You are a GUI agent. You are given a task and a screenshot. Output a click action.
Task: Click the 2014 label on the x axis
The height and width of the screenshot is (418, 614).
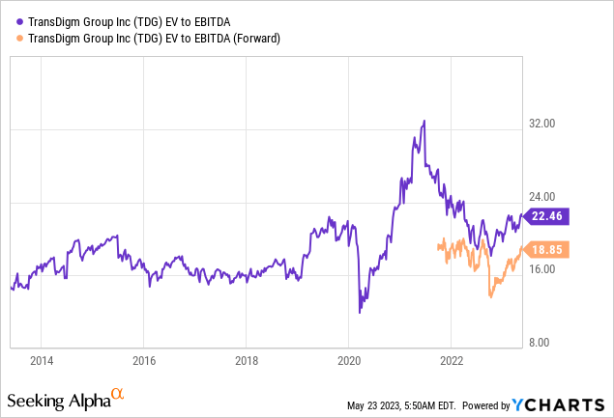click(41, 361)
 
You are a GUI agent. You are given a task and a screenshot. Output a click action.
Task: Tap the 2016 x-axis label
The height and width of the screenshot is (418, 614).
click(143, 361)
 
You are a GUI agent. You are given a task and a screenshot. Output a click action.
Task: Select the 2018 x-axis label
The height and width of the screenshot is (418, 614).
click(246, 361)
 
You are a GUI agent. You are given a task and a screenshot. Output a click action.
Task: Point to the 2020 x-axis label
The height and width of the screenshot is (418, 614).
click(348, 361)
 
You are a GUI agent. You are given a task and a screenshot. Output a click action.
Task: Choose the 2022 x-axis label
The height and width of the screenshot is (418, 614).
click(451, 361)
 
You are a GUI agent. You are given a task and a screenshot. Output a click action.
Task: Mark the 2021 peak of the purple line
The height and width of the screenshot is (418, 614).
click(424, 122)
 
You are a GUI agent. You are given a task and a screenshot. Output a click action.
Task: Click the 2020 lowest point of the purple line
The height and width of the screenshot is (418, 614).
click(360, 312)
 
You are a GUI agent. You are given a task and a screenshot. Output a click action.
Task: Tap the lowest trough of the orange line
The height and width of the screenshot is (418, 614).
click(490, 296)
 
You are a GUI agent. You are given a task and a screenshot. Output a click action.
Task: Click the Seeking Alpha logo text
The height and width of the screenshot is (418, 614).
click(58, 399)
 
